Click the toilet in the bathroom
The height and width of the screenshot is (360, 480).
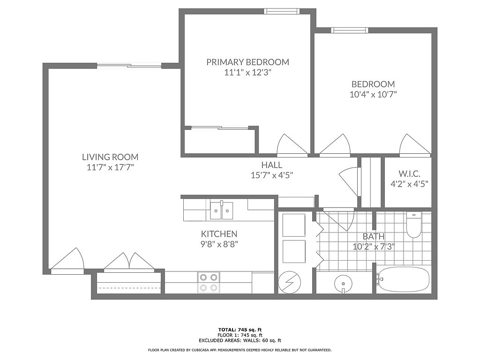point(414,225)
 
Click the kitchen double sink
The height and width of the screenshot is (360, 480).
point(221,210)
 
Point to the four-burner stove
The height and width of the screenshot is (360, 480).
point(209,282)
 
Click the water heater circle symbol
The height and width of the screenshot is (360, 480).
point(290,283)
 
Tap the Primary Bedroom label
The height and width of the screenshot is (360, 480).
point(247,62)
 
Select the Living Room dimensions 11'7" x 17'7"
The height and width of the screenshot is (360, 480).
point(110,167)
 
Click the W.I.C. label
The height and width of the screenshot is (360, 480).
point(409,174)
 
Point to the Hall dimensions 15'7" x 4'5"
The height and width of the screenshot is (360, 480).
point(272,175)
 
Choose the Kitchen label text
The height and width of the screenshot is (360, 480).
point(219,234)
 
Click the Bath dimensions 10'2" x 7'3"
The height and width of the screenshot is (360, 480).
point(374,247)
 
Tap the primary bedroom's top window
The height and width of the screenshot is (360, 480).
point(281,11)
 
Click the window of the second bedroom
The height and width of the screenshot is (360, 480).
point(350,30)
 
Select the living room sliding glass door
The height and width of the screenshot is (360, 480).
point(129,66)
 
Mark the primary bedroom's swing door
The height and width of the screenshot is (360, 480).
point(292,146)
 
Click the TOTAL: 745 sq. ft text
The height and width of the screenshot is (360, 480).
point(240,330)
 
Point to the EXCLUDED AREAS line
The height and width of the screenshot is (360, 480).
point(240,340)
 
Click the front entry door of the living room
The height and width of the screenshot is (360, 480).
point(67,261)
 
